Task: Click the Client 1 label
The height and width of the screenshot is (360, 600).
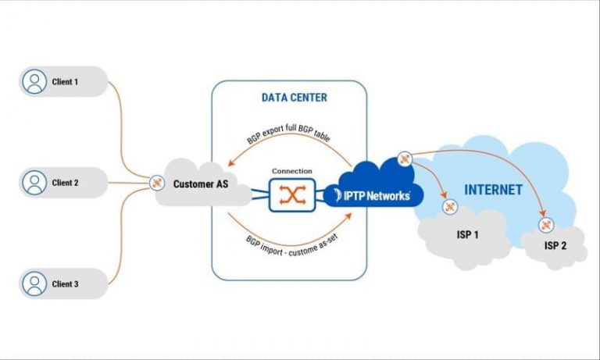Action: tap(66, 81)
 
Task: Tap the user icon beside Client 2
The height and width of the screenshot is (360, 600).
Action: tap(33, 183)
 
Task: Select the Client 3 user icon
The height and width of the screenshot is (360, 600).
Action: tap(33, 283)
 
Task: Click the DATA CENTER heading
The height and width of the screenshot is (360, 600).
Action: tap(294, 98)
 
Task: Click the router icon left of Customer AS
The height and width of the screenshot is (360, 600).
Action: tap(155, 184)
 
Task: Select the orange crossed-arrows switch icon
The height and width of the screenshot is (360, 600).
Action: tap(291, 194)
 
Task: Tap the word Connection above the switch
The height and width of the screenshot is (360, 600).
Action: tap(291, 171)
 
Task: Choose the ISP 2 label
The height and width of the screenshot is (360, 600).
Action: tap(555, 246)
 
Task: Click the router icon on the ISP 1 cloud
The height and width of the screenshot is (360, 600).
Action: tap(449, 206)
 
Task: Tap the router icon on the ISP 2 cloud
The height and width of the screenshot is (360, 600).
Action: tap(545, 225)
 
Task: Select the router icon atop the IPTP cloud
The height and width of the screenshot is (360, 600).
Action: tap(404, 159)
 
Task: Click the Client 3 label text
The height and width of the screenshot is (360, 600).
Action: tap(66, 283)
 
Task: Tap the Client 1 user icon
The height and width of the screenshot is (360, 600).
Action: tap(33, 81)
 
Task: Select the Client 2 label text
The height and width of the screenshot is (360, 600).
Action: tap(66, 183)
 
